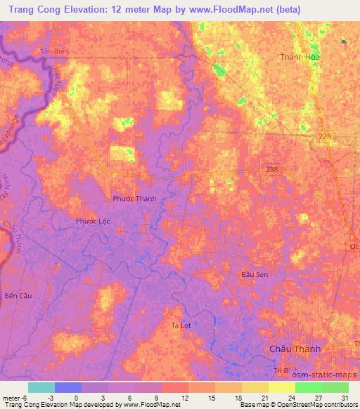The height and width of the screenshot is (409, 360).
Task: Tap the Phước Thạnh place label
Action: click(134, 199)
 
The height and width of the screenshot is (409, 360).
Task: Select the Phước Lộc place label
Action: click(93, 221)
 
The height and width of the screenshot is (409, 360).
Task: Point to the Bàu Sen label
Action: click(254, 273)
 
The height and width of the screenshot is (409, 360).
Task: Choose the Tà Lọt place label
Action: click(182, 325)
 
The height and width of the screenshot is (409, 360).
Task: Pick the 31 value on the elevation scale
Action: click(351, 397)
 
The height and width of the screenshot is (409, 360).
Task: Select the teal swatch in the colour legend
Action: click(41, 387)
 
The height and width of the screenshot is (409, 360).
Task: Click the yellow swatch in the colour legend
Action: click(282, 387)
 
